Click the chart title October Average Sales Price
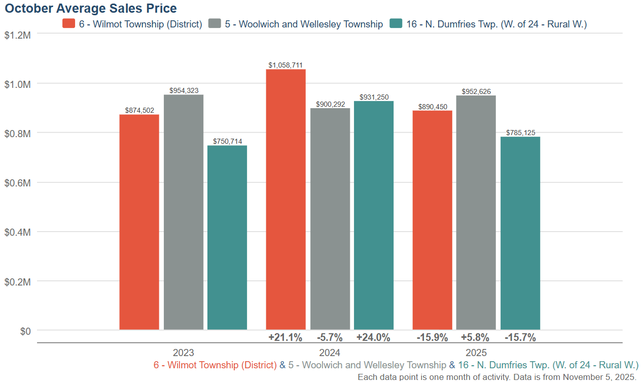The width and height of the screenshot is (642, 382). (x=91, y=9)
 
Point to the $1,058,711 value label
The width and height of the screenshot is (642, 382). (x=286, y=65)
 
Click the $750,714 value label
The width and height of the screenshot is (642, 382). (x=227, y=141)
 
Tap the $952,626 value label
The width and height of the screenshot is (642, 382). (x=476, y=91)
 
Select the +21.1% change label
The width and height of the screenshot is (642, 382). (x=286, y=337)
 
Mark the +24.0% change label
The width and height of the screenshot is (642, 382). (x=373, y=337)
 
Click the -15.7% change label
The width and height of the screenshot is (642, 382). (x=520, y=337)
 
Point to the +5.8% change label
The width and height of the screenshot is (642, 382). (x=475, y=337)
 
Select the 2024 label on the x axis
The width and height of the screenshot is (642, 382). (x=330, y=353)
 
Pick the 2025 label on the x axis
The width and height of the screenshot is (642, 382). (x=476, y=353)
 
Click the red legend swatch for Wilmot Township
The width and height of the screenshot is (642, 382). (x=69, y=24)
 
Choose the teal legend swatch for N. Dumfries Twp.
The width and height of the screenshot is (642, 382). (x=396, y=24)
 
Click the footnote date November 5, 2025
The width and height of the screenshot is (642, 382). (x=598, y=377)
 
